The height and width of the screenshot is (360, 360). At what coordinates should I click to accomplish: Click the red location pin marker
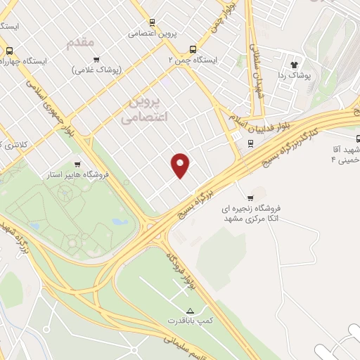click(181, 165)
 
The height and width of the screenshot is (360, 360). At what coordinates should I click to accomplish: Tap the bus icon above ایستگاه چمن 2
click(193, 49)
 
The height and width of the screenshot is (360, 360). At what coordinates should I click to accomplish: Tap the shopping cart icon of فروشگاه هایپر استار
click(86, 162)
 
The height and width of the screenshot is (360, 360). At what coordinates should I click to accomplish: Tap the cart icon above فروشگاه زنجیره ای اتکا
click(251, 197)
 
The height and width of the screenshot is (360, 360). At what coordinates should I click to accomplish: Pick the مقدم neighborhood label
click(79, 44)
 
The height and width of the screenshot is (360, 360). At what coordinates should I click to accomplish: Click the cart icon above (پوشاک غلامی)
click(96, 59)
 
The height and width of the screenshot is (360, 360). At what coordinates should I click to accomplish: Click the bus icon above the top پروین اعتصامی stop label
click(152, 23)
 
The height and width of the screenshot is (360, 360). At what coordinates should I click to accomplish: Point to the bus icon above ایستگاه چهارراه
click(9, 51)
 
